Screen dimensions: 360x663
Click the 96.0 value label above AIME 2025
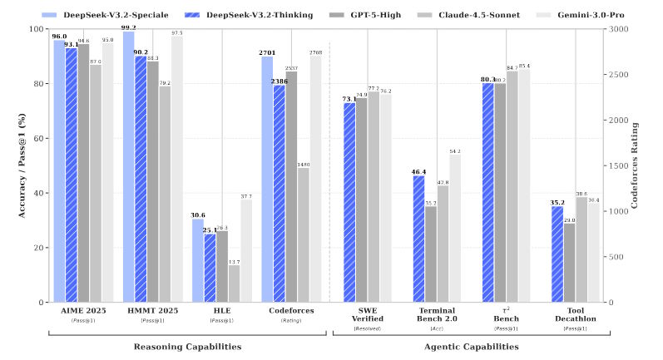pyautogui.click(x=59, y=36)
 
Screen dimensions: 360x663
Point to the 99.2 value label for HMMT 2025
pyautogui.click(x=128, y=27)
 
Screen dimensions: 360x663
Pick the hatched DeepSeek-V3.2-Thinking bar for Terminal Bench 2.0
pyautogui.click(x=418, y=239)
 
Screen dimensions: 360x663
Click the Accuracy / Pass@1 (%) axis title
pyautogui.click(x=10, y=165)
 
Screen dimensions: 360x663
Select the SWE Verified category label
pyautogui.click(x=367, y=315)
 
